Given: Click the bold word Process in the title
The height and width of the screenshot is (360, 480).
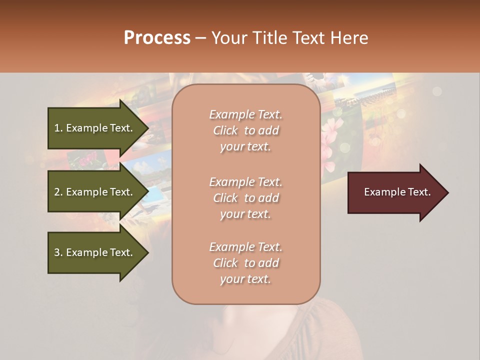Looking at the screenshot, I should pyautogui.click(x=157, y=38).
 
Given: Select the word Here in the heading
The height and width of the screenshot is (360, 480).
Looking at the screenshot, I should pyautogui.click(x=350, y=38).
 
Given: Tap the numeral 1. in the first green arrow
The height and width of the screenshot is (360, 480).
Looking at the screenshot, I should pyautogui.click(x=58, y=128).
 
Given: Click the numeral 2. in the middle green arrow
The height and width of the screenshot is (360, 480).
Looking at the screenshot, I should pyautogui.click(x=58, y=192).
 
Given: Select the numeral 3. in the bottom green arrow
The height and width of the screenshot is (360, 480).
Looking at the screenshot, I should pyautogui.click(x=58, y=252).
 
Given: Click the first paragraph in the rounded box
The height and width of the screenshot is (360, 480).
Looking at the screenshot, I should pyautogui.click(x=245, y=130).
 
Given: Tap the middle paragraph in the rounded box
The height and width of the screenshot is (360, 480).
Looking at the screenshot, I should pyautogui.click(x=245, y=198).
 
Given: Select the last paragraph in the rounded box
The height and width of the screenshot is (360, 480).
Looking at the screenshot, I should pyautogui.click(x=245, y=263).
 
